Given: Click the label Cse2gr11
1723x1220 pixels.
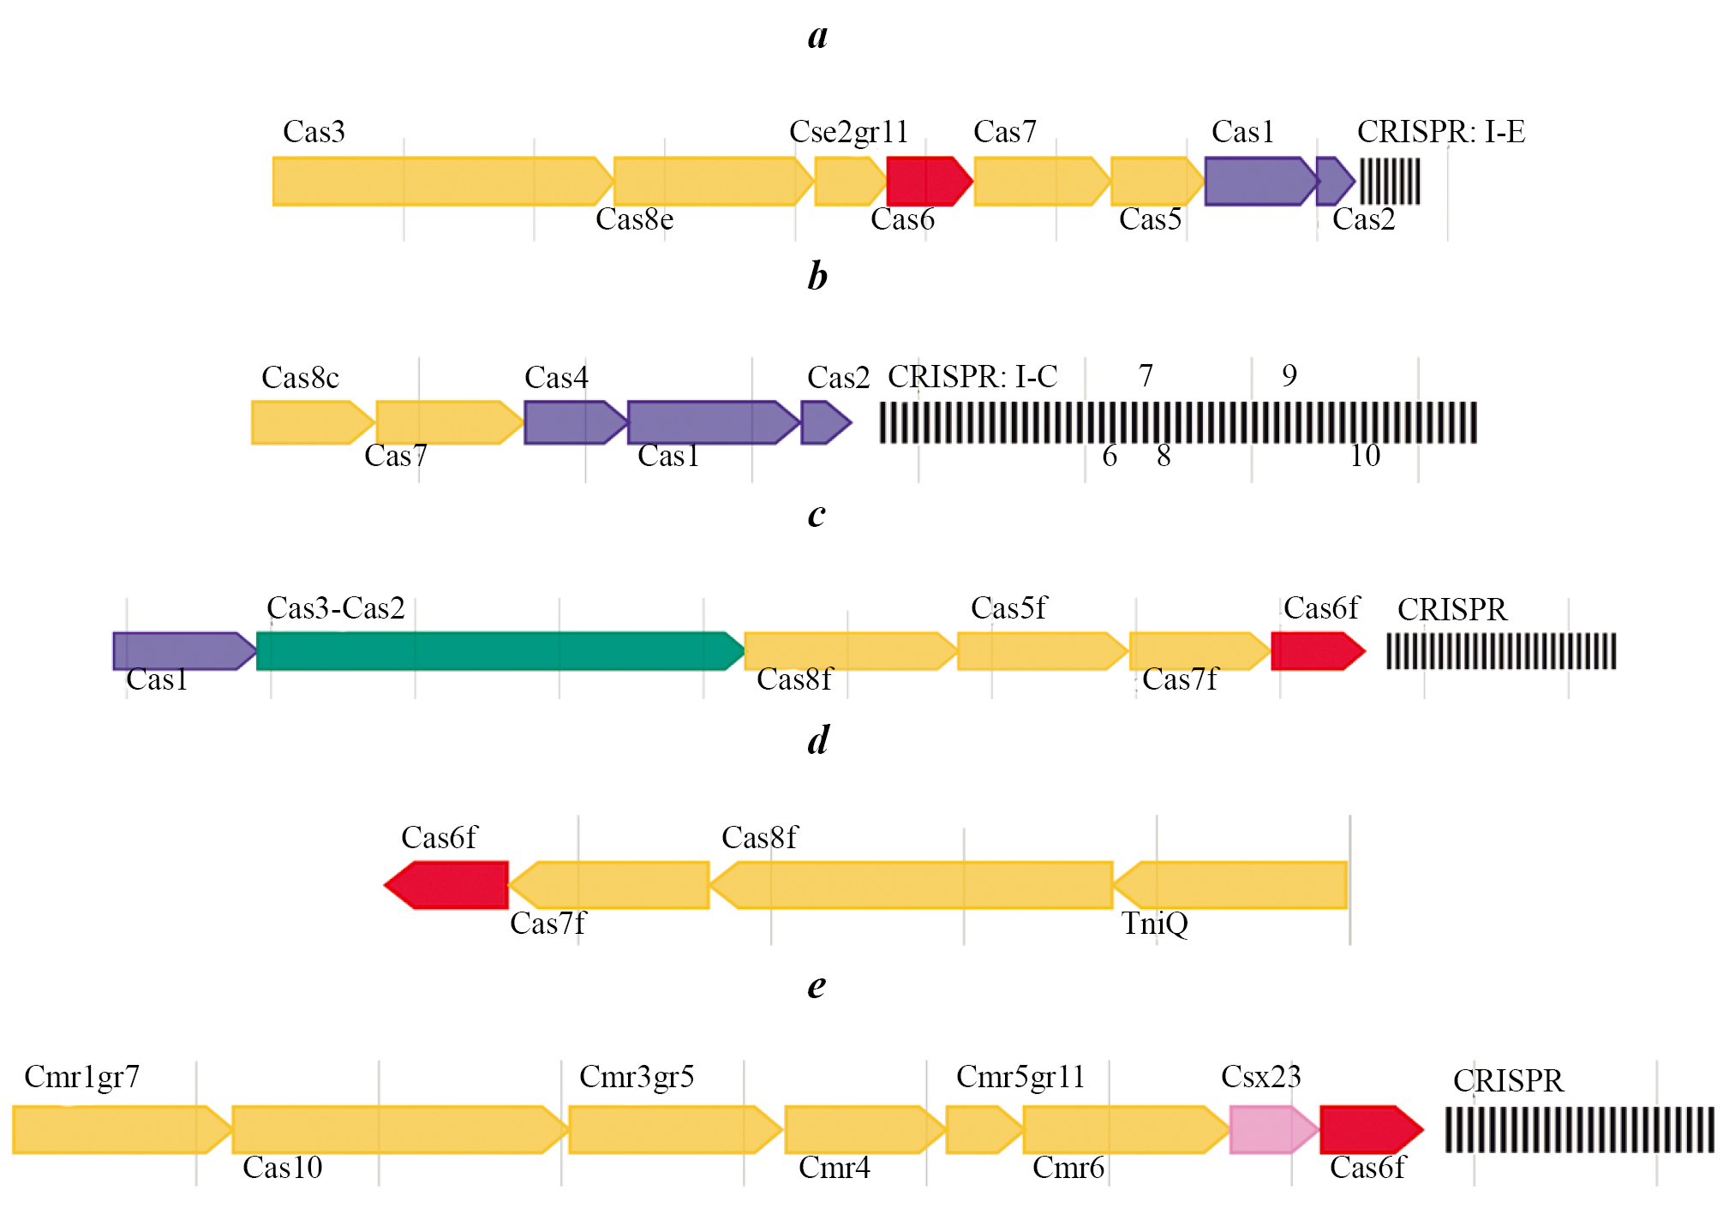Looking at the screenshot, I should tap(848, 132).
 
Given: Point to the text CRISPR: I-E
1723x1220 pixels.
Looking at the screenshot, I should tap(1440, 132).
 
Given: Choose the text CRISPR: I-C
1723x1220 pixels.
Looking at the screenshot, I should tap(972, 377).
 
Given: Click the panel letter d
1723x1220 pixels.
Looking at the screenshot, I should tap(818, 740).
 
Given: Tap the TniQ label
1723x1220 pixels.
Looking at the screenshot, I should tap(1154, 924).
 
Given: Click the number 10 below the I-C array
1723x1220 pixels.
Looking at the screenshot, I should tap(1365, 456).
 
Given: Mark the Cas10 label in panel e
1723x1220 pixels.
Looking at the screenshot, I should tap(282, 1168).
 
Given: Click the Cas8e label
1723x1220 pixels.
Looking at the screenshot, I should tap(634, 220).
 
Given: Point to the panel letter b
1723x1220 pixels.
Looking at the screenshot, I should tap(817, 277).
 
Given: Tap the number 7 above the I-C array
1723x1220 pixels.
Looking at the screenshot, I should tap(1146, 375).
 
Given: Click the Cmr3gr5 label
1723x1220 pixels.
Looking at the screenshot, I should tap(637, 1077).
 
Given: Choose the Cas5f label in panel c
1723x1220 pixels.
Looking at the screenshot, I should tap(1008, 608).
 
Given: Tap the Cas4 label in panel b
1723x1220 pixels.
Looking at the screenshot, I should tap(556, 378).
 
